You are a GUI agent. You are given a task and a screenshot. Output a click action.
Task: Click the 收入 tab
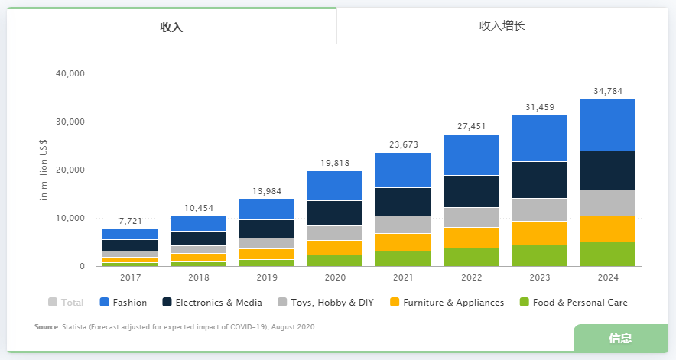pyautogui.click(x=171, y=27)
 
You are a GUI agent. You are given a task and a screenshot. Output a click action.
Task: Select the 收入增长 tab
pyautogui.click(x=502, y=26)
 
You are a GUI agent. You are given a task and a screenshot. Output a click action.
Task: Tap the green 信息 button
pyautogui.click(x=619, y=339)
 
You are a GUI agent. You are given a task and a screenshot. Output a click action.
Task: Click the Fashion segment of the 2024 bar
pyautogui.click(x=608, y=125)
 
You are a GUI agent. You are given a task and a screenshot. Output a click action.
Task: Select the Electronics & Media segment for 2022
pyautogui.click(x=472, y=191)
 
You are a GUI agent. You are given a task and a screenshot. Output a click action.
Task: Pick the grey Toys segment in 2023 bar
pyautogui.click(x=540, y=209)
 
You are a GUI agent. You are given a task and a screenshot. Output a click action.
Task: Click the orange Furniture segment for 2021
pyautogui.click(x=403, y=242)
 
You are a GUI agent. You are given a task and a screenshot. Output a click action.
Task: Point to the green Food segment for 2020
pyautogui.click(x=335, y=260)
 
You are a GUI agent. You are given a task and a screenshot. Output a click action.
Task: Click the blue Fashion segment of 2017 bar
pyautogui.click(x=130, y=234)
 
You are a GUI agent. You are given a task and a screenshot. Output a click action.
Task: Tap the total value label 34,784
pyautogui.click(x=608, y=91)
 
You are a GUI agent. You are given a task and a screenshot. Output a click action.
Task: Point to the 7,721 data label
pyautogui.click(x=130, y=221)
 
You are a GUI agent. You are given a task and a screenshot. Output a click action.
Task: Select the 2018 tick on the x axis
pyautogui.click(x=199, y=278)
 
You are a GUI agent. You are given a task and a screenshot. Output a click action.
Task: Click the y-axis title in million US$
pyautogui.click(x=44, y=170)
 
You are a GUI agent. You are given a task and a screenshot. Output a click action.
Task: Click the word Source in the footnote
pyautogui.click(x=46, y=327)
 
